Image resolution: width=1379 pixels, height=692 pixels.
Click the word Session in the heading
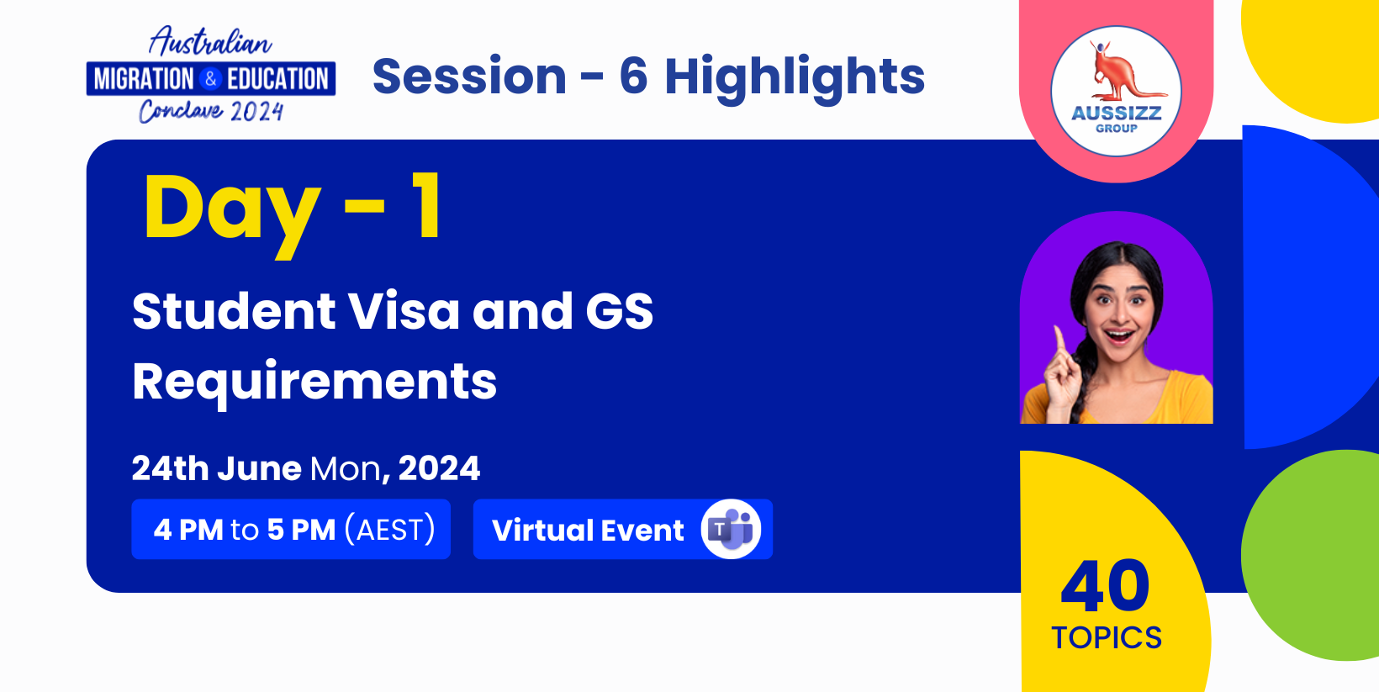coord(469,77)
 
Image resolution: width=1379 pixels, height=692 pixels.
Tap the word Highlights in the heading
coord(795,79)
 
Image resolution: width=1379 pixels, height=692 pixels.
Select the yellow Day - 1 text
coord(292,210)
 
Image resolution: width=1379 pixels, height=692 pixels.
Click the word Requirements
coord(314,383)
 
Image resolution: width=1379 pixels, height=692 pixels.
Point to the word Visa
coord(404,311)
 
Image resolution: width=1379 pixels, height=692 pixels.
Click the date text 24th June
coord(217,468)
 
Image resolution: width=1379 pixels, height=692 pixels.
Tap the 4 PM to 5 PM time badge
coord(291,529)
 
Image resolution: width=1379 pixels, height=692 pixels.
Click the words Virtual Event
coord(588,530)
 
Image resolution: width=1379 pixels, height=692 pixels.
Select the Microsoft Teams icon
coord(731,529)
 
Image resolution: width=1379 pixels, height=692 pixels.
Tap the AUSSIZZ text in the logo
coord(1116,114)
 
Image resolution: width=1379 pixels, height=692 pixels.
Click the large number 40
coord(1105,587)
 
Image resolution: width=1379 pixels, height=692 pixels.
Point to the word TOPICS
coord(1107,638)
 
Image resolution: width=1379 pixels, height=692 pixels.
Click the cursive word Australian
coord(210,42)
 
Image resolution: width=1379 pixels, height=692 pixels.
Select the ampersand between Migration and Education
coord(210,79)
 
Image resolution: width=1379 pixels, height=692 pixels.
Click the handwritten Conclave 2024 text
coord(211,112)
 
